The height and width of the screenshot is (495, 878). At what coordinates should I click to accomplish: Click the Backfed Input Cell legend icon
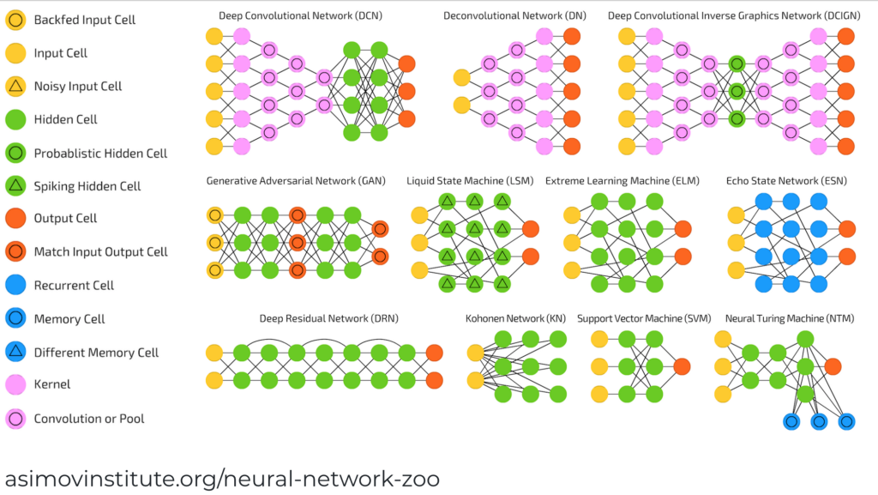click(x=16, y=20)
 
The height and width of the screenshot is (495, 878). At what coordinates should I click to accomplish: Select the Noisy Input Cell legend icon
click(x=16, y=86)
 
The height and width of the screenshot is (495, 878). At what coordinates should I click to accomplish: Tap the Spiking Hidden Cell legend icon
click(x=16, y=185)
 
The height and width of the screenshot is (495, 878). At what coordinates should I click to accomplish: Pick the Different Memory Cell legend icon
click(x=16, y=352)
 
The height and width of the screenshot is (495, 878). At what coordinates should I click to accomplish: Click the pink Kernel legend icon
click(x=16, y=384)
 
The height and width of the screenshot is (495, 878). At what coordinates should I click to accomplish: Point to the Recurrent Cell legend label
click(x=74, y=285)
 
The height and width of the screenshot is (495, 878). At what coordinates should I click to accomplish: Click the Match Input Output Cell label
click(x=100, y=252)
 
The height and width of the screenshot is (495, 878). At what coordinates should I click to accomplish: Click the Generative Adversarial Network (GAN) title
click(x=296, y=181)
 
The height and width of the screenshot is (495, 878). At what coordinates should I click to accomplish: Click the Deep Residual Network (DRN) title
click(x=329, y=319)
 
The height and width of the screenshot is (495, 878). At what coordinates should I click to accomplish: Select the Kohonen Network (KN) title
click(x=516, y=319)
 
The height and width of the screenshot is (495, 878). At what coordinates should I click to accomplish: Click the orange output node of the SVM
click(x=682, y=366)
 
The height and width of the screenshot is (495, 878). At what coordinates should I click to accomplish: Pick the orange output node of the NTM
click(x=832, y=367)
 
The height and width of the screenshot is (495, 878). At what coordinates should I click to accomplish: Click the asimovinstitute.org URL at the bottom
click(x=223, y=477)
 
